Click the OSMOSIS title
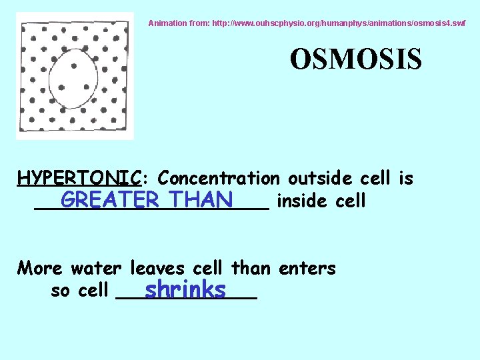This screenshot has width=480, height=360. pos(355,59)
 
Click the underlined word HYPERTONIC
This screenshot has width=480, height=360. pos(79,179)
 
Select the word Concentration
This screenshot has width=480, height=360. pos(219,179)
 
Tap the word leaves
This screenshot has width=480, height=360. pos(157,269)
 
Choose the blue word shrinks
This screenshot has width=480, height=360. pos(185,290)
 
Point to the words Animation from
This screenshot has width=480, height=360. pos(175,23)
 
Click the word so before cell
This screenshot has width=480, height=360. pos(62,291)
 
